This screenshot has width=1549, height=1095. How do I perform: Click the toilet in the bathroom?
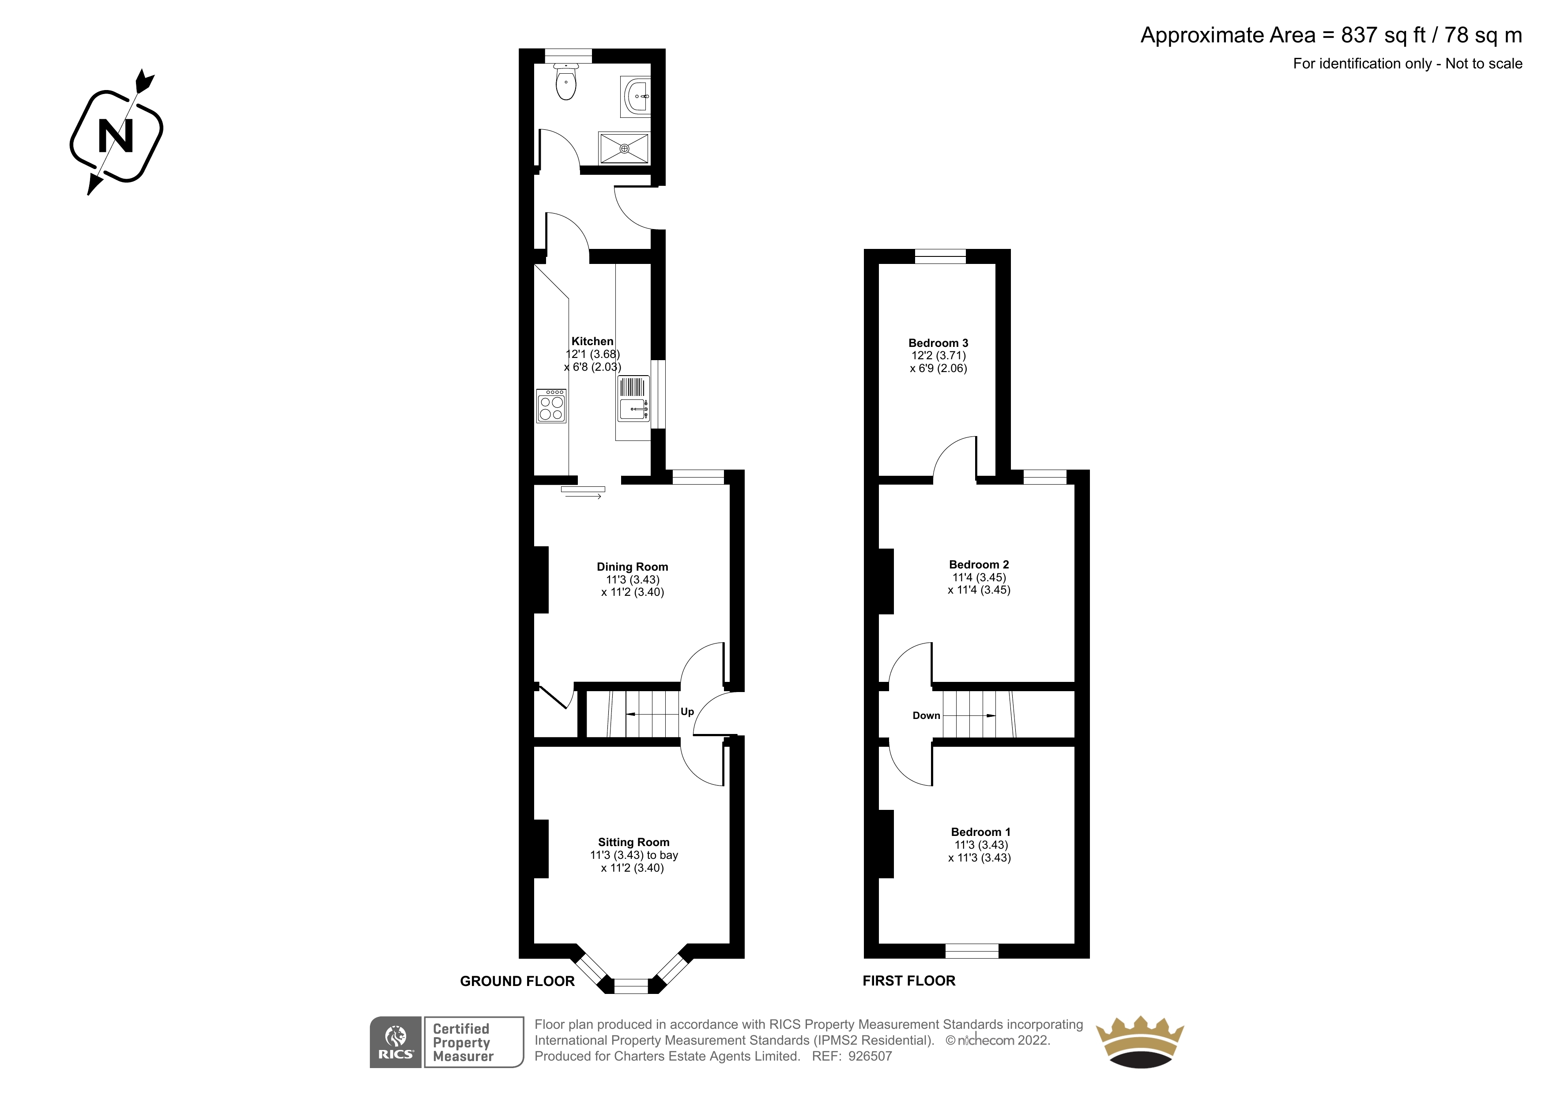[x=566, y=82]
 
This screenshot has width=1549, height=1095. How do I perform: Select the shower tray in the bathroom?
[x=624, y=148]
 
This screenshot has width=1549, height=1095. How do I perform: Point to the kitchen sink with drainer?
[x=633, y=399]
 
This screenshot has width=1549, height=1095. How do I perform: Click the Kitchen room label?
[x=592, y=341]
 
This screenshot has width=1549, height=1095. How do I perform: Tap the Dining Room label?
[x=632, y=567]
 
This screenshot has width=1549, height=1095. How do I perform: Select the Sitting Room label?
[x=633, y=842]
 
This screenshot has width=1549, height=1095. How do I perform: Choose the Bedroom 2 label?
[x=979, y=564]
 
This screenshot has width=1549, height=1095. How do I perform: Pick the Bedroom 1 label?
[x=980, y=832]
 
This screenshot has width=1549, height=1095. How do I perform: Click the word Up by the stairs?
[x=687, y=712]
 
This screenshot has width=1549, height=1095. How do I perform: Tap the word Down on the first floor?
[x=926, y=716]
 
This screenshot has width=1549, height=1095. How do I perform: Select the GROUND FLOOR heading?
[x=517, y=982]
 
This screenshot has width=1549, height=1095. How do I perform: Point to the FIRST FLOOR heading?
[x=909, y=981]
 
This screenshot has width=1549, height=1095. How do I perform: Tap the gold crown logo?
[x=1139, y=1042]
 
